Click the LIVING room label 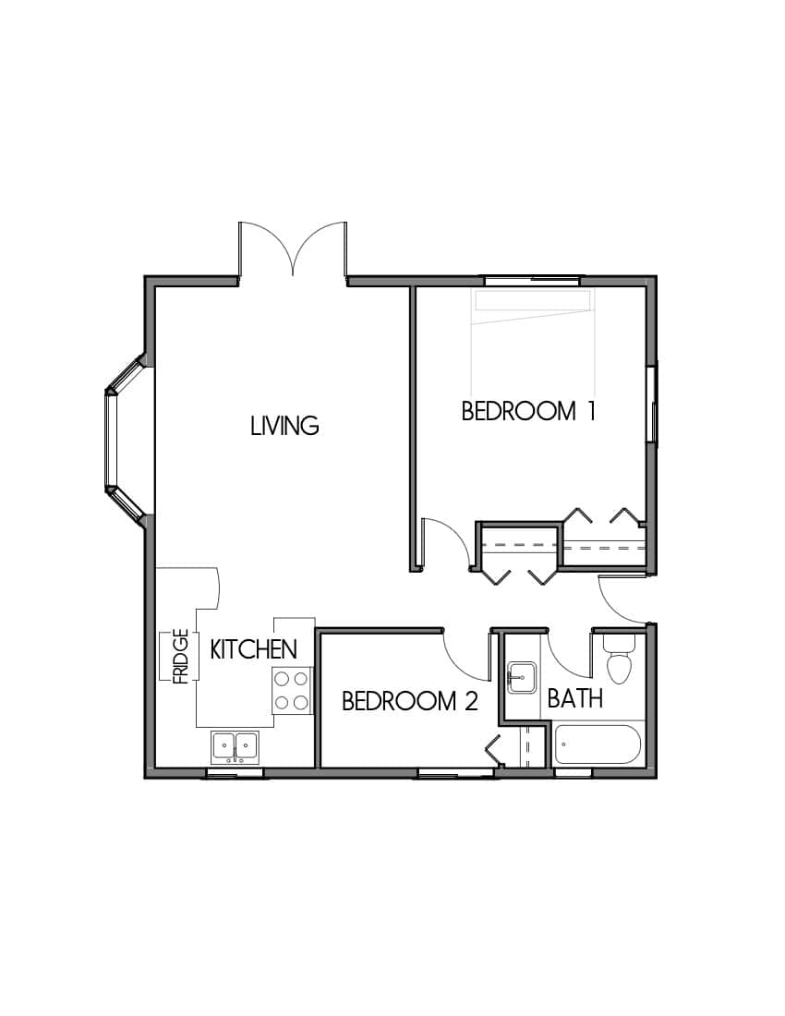pyautogui.click(x=284, y=426)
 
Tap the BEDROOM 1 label pyautogui.click(x=527, y=411)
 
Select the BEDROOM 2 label pyautogui.click(x=409, y=702)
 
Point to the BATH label pyautogui.click(x=574, y=698)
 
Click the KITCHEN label pyautogui.click(x=254, y=649)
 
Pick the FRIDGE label pyautogui.click(x=181, y=657)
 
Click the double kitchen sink pyautogui.click(x=235, y=745)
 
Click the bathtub pyautogui.click(x=598, y=744)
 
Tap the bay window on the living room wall pyautogui.click(x=117, y=440)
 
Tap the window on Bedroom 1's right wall pyautogui.click(x=653, y=405)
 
